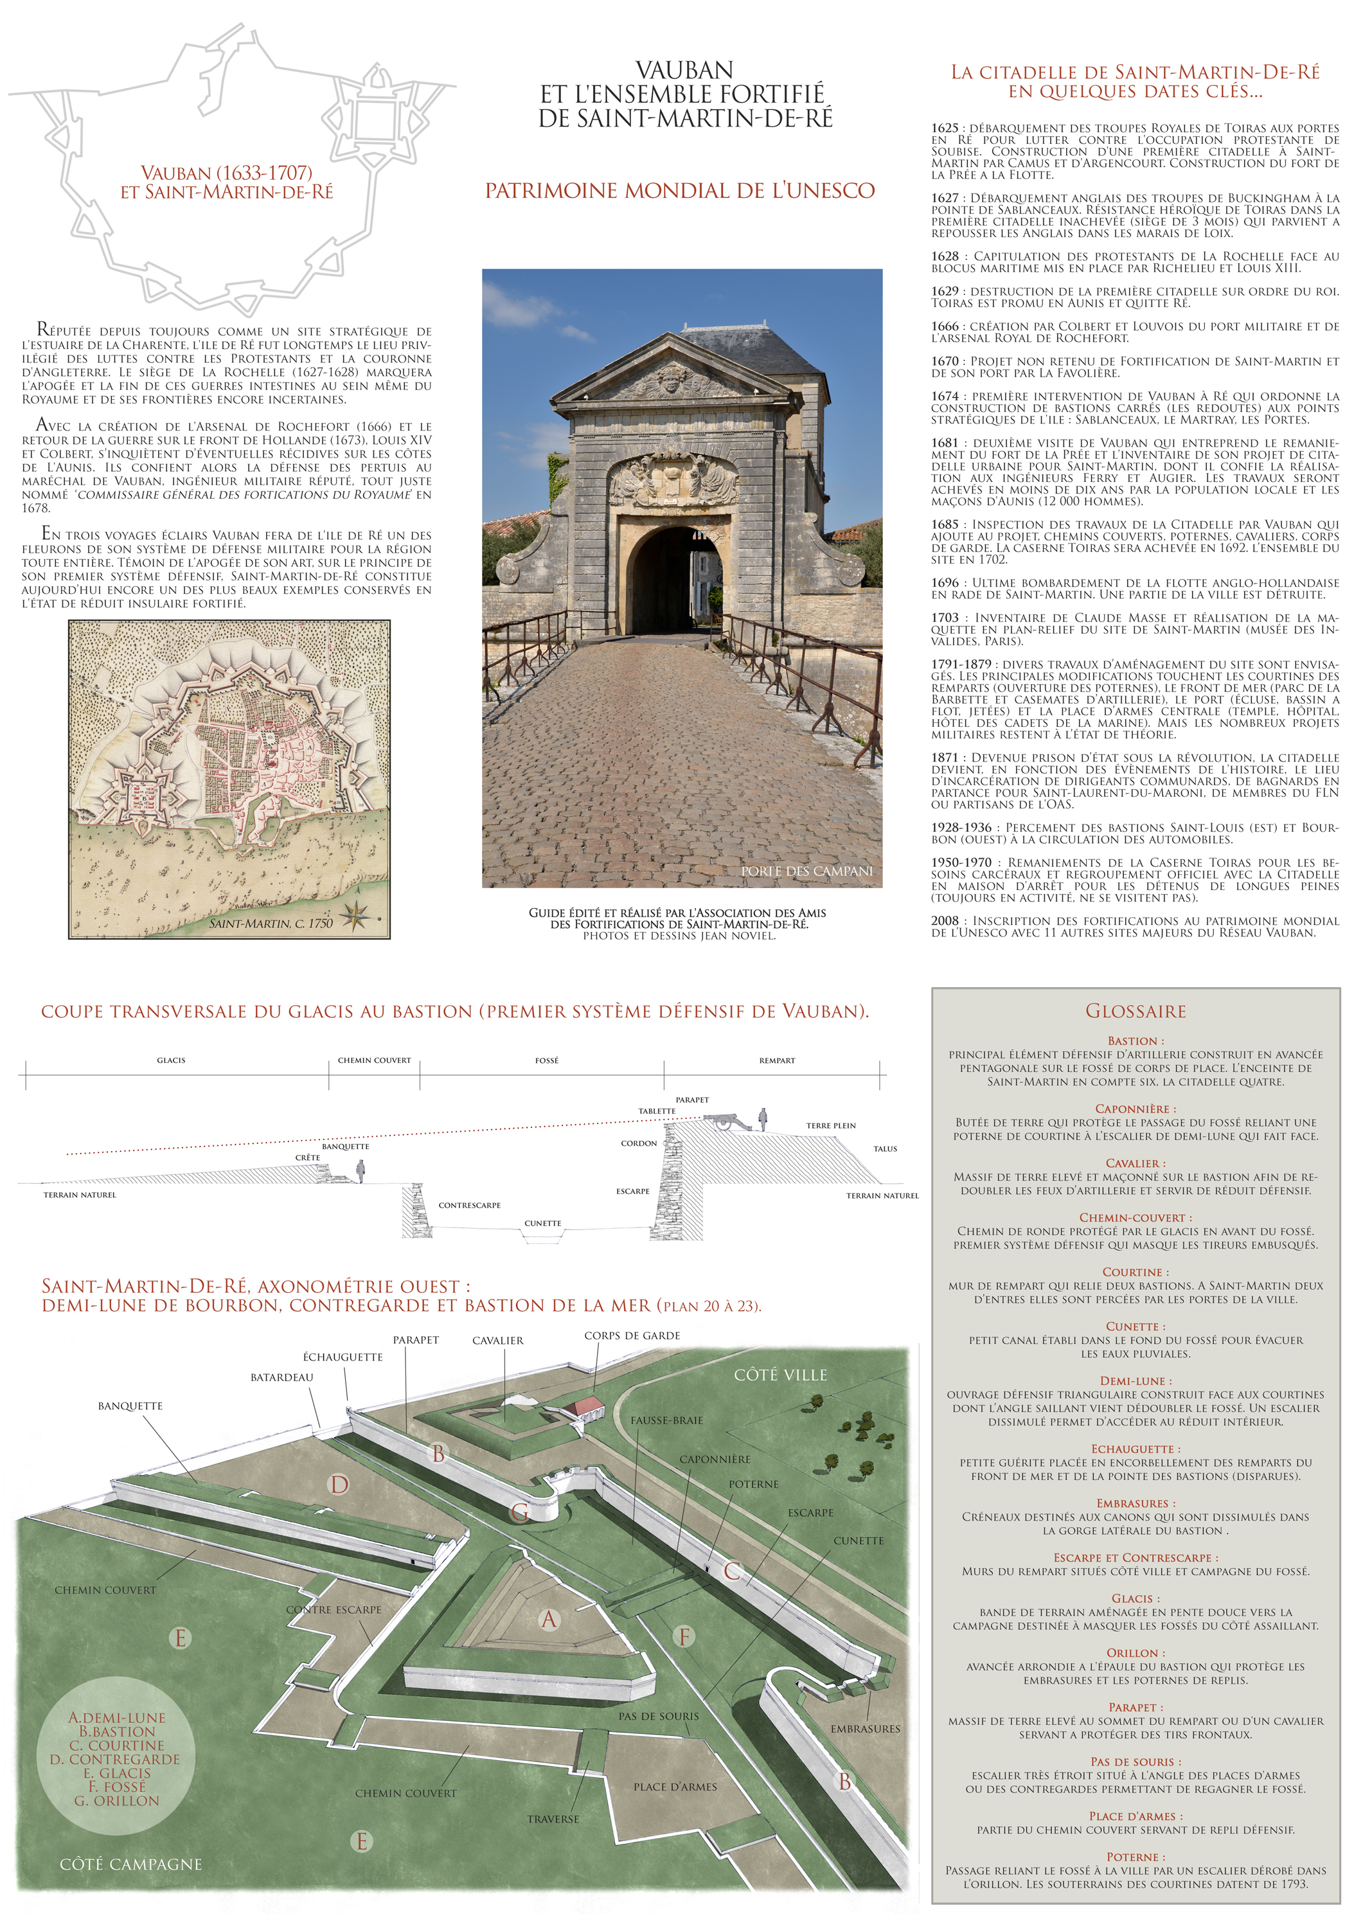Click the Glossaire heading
[x=1136, y=1011]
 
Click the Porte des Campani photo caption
[x=806, y=871]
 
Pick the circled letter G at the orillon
[x=520, y=1513]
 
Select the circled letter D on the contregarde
[x=339, y=1485]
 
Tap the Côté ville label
[x=780, y=1375]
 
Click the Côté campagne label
[x=131, y=1864]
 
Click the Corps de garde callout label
[x=632, y=1336]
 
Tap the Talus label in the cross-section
[x=885, y=1148]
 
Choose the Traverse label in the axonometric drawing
[x=553, y=1819]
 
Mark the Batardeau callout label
[x=281, y=1378]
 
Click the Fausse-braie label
[x=667, y=1421]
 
